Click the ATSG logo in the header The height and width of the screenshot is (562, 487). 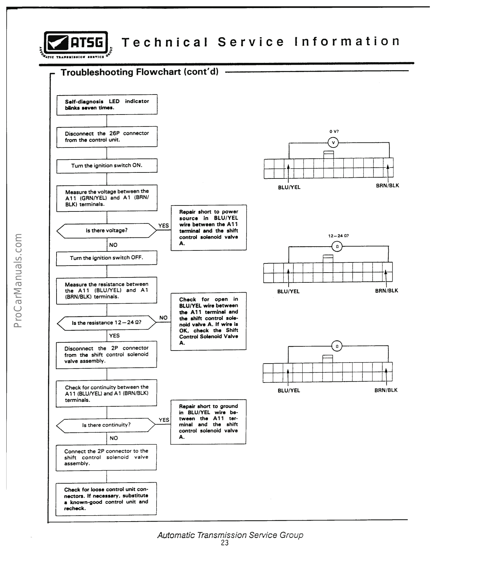pyautogui.click(x=76, y=44)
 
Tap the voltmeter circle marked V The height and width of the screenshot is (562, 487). pyautogui.click(x=333, y=143)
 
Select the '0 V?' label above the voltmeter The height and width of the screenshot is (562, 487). pyautogui.click(x=334, y=131)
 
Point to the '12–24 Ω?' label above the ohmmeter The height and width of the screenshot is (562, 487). pyautogui.click(x=338, y=236)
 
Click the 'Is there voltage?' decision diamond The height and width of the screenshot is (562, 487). pyautogui.click(x=107, y=230)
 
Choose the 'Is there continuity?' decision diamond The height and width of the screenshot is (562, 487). pyautogui.click(x=106, y=425)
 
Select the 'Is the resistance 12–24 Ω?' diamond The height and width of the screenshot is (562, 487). pyautogui.click(x=106, y=323)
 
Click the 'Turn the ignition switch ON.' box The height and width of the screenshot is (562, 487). pyautogui.click(x=107, y=165)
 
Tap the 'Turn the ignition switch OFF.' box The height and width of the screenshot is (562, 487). pyautogui.click(x=106, y=258)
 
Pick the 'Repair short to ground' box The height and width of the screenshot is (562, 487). pyautogui.click(x=208, y=421)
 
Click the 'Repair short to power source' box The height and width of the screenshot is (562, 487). pyautogui.click(x=209, y=227)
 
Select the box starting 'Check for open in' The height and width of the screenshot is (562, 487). pyautogui.click(x=209, y=321)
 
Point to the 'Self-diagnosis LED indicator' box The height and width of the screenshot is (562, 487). pyautogui.click(x=107, y=104)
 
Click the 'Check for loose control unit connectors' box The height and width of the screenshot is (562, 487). pyautogui.click(x=106, y=499)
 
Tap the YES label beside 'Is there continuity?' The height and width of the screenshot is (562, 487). pyautogui.click(x=164, y=420)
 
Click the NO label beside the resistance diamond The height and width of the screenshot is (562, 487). pyautogui.click(x=163, y=318)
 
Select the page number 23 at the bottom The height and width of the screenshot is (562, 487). pyautogui.click(x=225, y=543)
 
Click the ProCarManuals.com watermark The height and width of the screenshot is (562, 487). pyautogui.click(x=18, y=280)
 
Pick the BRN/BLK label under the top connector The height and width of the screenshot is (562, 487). pyautogui.click(x=388, y=185)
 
